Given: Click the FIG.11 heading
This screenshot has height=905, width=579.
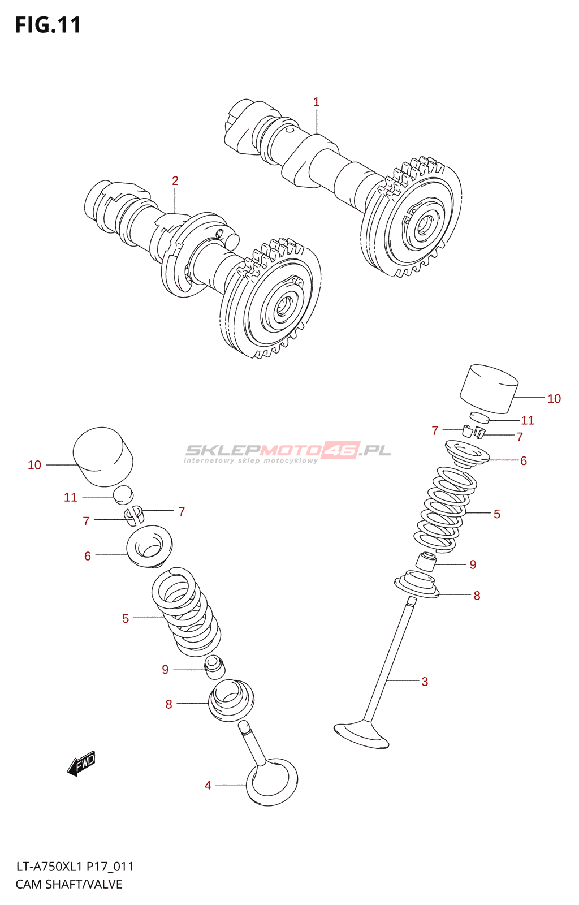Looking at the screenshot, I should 48,25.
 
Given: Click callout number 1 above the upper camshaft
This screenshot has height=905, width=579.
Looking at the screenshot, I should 317,102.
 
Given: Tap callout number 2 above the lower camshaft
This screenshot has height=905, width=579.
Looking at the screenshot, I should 175,180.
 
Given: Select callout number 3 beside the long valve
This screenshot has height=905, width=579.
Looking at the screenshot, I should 425,682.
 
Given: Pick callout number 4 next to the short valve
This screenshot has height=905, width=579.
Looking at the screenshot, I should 208,785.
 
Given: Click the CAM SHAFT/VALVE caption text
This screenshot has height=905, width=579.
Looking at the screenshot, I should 69,884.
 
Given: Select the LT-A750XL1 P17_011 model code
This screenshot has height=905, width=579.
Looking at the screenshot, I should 75,867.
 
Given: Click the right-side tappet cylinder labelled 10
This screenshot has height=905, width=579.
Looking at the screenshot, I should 489,388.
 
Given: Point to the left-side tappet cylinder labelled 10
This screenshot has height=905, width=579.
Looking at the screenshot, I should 103,456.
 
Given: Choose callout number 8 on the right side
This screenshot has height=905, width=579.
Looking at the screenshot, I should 477,596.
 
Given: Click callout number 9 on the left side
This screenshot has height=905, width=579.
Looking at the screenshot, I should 165,670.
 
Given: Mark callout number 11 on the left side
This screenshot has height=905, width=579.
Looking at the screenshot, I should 70,497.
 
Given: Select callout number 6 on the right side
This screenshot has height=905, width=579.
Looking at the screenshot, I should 524,461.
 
